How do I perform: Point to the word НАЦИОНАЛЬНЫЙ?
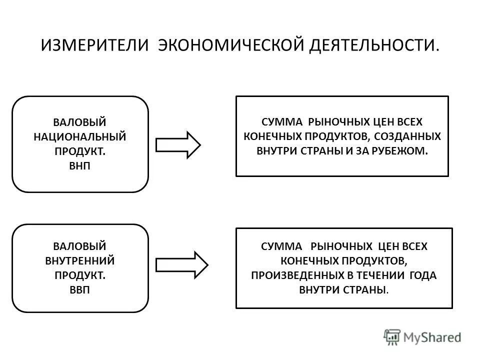click(x=80, y=136)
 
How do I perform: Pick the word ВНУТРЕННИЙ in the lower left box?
click(x=80, y=260)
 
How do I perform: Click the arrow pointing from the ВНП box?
click(x=178, y=145)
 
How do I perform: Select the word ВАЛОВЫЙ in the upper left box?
click(x=80, y=121)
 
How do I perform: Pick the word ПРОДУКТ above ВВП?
click(x=80, y=275)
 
